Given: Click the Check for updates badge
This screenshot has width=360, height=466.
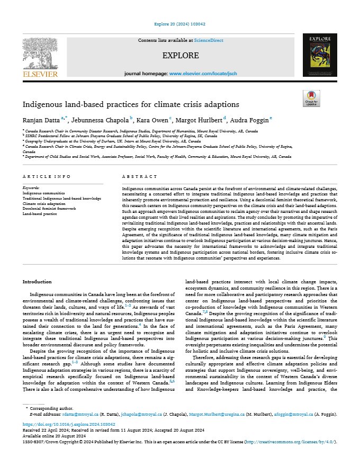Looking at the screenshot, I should click(x=311, y=99).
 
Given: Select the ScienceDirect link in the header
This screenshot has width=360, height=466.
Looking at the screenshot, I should click(x=209, y=40).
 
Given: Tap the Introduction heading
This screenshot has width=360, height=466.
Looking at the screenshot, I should click(x=37, y=282).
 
